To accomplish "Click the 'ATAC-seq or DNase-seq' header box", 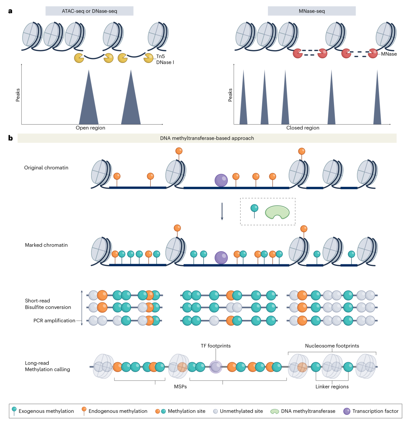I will [x=89, y=11].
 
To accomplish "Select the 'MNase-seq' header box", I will [x=312, y=11].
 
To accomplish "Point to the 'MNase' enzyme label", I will [x=389, y=54].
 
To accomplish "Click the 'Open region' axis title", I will [x=90, y=128].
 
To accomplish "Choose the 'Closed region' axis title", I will [x=303, y=128].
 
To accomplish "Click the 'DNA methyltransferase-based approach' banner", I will [x=207, y=138].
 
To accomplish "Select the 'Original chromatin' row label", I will [x=46, y=168].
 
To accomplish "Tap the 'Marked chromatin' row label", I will [x=44, y=245].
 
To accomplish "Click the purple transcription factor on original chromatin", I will [x=221, y=180].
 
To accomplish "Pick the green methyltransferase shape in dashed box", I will [x=277, y=212].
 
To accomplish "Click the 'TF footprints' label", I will [x=215, y=346].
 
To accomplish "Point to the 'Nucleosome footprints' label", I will [x=332, y=346].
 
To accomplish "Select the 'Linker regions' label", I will [x=332, y=387].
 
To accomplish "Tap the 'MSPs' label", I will [x=178, y=387].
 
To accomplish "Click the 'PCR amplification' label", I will [x=54, y=321].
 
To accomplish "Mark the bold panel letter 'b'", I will [x=10, y=138].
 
